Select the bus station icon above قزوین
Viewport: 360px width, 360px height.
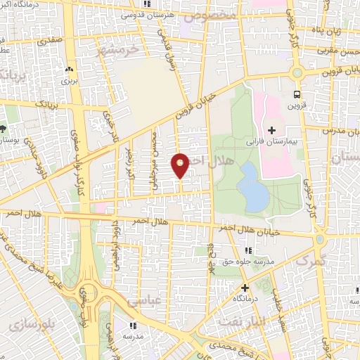[297, 94]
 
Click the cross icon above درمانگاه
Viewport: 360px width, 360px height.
[245, 288]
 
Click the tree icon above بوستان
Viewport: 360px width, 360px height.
[4, 129]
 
